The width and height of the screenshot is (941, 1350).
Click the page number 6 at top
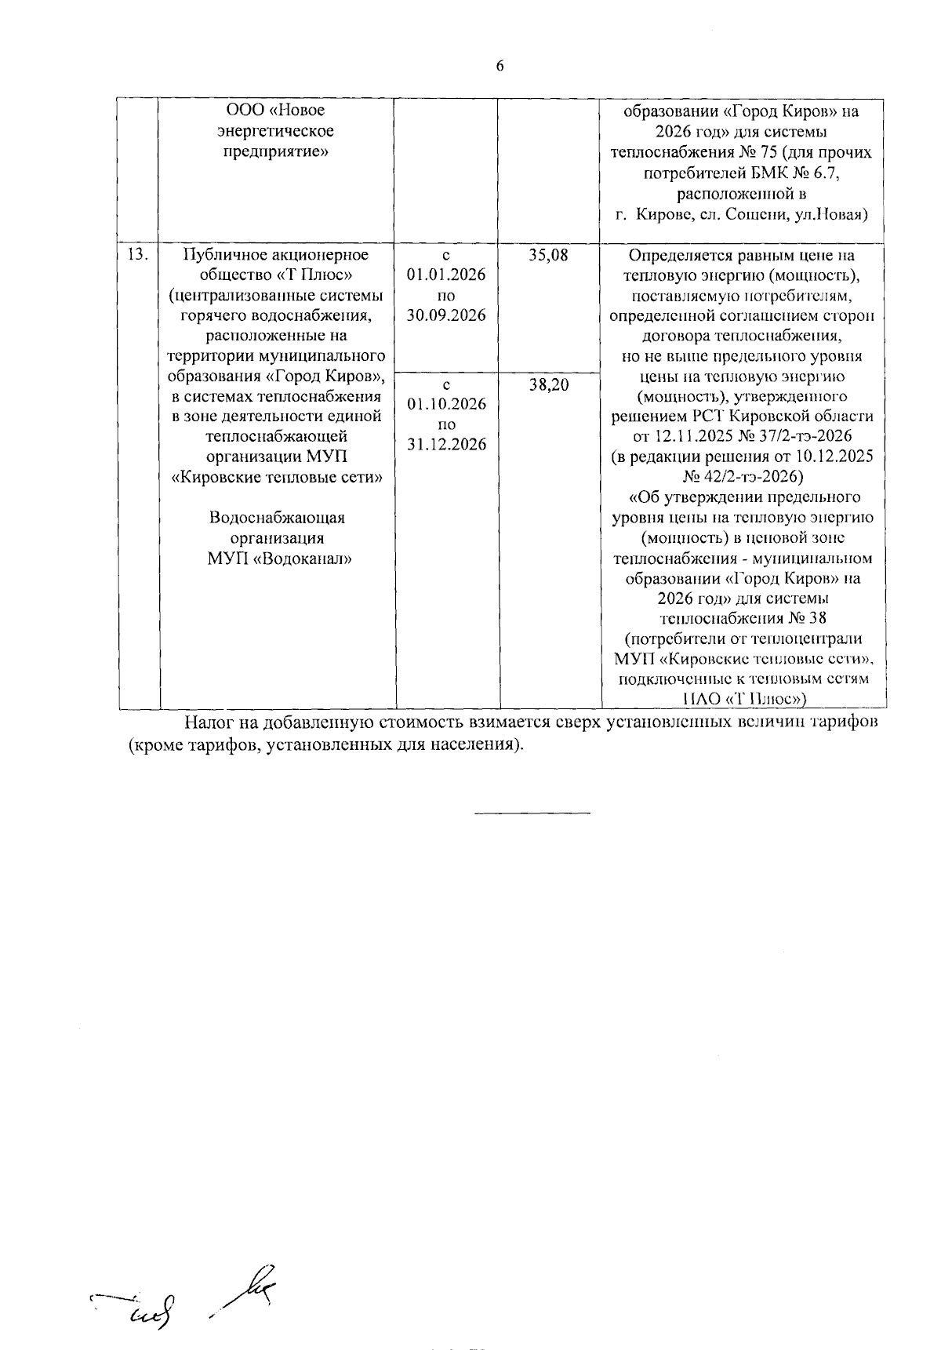[x=500, y=67]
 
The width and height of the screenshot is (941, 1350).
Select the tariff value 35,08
[x=548, y=256]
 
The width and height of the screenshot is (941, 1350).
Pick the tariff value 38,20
[x=548, y=385]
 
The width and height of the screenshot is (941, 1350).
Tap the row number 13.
[x=137, y=255]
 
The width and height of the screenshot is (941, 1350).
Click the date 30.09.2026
[x=446, y=315]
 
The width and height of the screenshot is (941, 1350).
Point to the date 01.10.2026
[x=446, y=404]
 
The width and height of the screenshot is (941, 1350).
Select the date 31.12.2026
[x=446, y=445]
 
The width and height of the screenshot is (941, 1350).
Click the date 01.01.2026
[x=446, y=275]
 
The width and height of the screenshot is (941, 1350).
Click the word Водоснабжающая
[x=277, y=519]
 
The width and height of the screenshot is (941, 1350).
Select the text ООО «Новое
[x=275, y=111]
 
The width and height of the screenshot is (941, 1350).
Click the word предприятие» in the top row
[x=275, y=151]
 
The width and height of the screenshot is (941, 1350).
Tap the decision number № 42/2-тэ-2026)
[x=743, y=477]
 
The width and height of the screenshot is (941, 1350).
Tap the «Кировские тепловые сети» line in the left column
[x=277, y=477]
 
